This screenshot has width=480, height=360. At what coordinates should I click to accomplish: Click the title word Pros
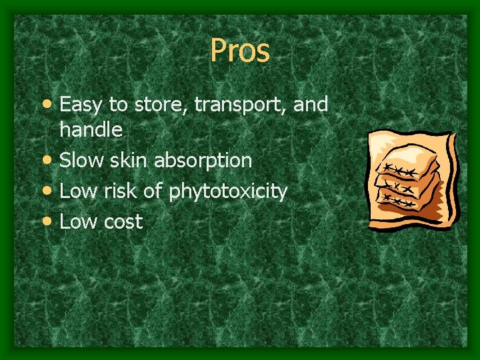(x=240, y=50)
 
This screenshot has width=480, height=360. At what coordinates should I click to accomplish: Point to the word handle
(x=91, y=129)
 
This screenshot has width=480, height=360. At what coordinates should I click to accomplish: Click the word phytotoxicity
(x=228, y=193)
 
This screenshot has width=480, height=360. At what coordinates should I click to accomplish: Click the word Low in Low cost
(x=77, y=222)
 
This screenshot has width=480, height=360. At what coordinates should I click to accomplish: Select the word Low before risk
(x=77, y=191)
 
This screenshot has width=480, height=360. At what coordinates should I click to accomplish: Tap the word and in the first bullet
(x=311, y=105)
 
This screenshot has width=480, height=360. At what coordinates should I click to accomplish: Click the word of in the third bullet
(x=153, y=191)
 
